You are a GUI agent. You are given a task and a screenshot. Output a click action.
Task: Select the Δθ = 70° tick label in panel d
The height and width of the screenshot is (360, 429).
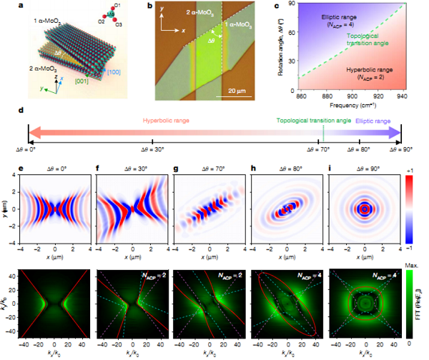(x=318, y=150)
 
